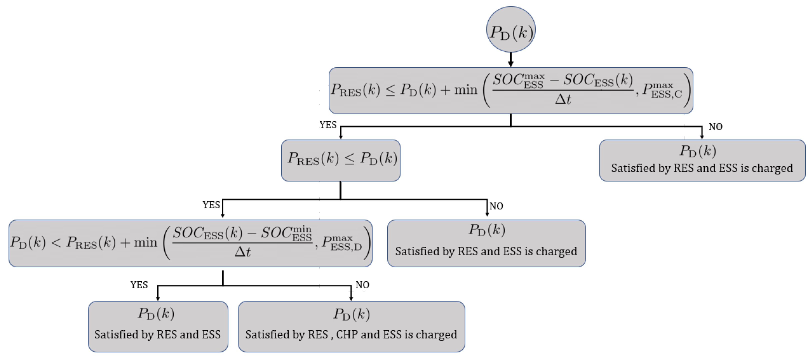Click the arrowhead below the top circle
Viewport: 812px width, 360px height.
point(511,64)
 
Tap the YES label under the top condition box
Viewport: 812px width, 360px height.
point(328,125)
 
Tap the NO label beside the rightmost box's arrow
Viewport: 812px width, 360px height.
point(715,127)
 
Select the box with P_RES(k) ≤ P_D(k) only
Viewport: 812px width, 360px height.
point(340,160)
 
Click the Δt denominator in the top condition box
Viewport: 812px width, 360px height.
point(563,99)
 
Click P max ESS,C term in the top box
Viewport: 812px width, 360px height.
point(662,90)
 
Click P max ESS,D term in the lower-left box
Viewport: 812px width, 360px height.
point(341,243)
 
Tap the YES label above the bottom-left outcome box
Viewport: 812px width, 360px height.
point(139,285)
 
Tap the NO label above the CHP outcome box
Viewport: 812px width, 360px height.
point(362,285)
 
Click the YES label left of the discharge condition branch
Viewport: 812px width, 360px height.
point(211,205)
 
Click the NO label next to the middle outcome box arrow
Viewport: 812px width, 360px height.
point(496,206)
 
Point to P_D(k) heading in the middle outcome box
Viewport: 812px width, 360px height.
point(487,229)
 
